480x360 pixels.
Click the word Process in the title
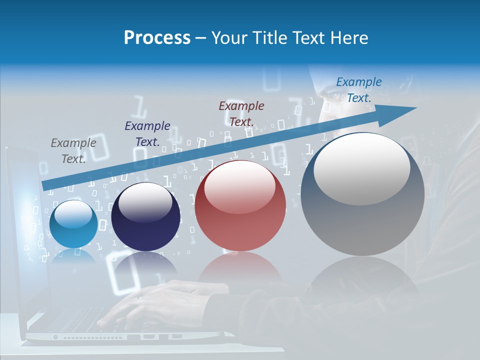click(x=157, y=38)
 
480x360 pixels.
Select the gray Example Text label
click(x=73, y=150)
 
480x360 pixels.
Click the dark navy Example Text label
click(x=147, y=133)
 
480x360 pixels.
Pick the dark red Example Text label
click(x=241, y=113)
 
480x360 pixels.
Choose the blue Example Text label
click(x=359, y=90)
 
